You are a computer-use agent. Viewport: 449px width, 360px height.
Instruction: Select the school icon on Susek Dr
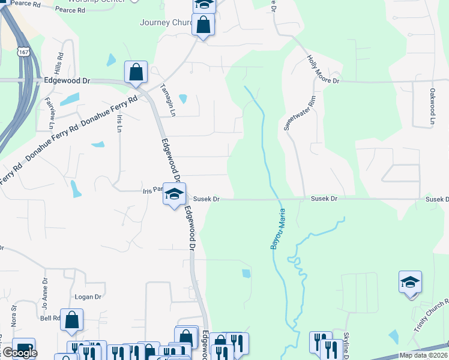(x=174, y=194)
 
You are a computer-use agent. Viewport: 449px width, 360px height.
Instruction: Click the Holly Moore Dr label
(x=324, y=70)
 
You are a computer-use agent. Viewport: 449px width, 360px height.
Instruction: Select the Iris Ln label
(x=119, y=122)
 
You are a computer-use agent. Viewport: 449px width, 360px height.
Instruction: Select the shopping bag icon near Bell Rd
(x=72, y=320)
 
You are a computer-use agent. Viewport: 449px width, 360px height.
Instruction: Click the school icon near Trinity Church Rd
(x=410, y=283)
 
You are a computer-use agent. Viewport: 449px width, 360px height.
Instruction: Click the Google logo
(x=20, y=353)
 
